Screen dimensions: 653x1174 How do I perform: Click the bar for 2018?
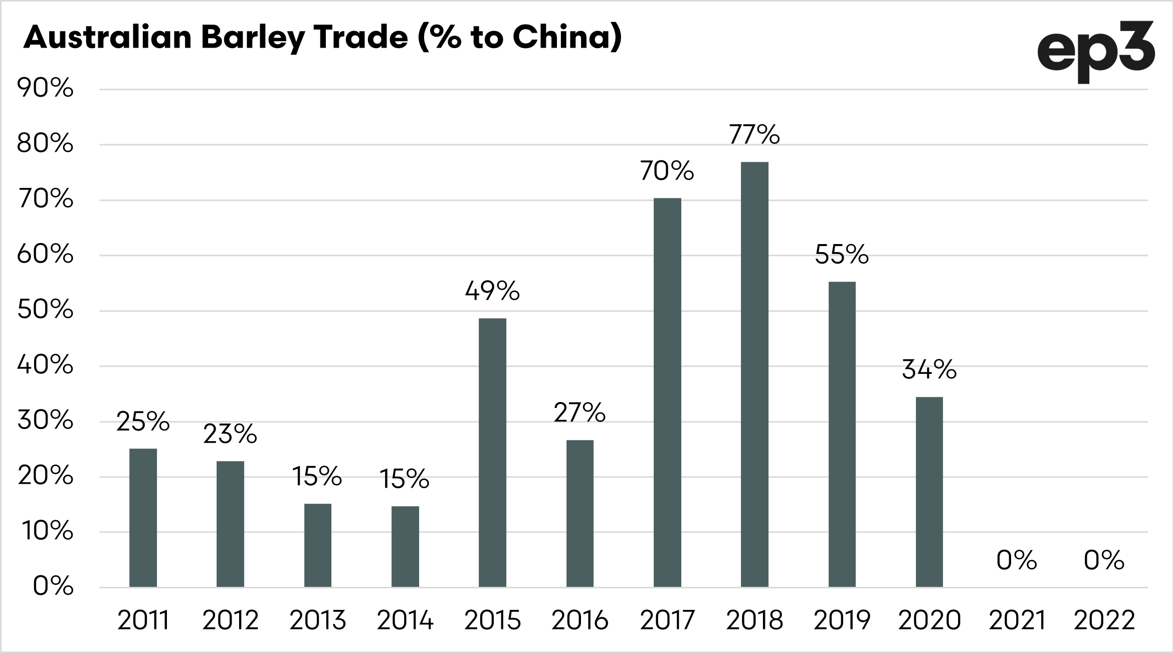(x=754, y=374)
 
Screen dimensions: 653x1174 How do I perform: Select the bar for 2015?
(x=492, y=453)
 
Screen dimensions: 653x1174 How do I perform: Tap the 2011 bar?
(x=143, y=518)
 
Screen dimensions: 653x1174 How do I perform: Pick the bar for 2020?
(x=929, y=492)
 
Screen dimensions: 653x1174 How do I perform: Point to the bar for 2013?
(x=318, y=545)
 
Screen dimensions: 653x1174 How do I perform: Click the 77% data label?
(x=754, y=134)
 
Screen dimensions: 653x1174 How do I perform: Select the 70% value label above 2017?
(x=667, y=171)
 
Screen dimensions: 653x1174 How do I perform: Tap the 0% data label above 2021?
(x=1016, y=560)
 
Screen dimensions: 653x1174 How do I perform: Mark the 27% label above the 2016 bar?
(x=579, y=412)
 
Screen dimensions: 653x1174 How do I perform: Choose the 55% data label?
(x=842, y=254)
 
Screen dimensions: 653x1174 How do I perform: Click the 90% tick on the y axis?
(x=46, y=89)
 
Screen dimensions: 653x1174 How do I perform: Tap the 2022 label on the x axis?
(x=1104, y=620)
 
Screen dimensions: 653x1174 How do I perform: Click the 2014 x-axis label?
(x=405, y=620)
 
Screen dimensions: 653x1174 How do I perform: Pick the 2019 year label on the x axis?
(x=842, y=620)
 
